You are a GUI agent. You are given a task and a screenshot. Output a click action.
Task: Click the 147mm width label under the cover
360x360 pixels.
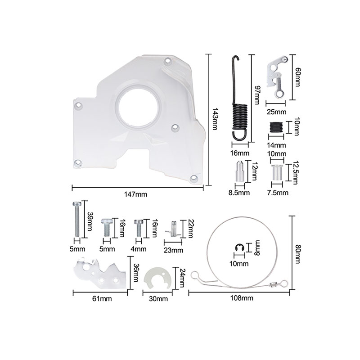point(135,194)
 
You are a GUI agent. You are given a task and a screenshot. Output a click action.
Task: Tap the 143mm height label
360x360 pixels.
point(215,119)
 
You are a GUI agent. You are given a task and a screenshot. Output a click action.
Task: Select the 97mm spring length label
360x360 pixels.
point(257,95)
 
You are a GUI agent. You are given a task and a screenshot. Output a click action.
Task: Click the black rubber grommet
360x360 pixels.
point(276,127)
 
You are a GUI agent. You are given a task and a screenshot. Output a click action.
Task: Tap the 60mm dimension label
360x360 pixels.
point(297,77)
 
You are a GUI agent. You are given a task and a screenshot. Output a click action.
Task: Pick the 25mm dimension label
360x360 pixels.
point(276,112)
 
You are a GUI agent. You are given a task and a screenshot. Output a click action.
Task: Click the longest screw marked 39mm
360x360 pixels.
point(77,219)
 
